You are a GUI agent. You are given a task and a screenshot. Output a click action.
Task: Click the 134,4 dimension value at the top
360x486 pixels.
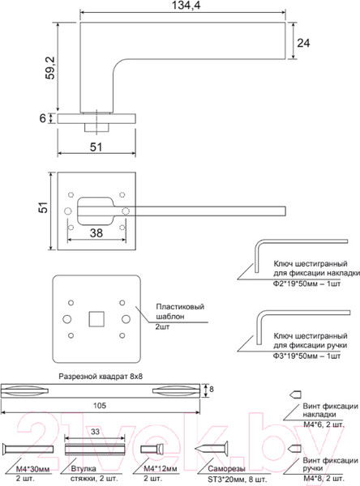186,6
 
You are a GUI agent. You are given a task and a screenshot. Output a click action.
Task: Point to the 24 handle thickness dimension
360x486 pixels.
303,43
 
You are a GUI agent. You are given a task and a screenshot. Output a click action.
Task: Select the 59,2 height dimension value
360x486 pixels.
50,68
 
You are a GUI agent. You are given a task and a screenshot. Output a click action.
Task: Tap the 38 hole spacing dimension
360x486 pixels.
96,233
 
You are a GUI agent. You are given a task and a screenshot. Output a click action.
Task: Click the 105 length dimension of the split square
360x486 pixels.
100,406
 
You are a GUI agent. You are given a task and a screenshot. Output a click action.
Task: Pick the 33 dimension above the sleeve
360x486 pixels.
95,432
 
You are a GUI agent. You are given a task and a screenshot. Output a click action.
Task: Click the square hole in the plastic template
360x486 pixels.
96,319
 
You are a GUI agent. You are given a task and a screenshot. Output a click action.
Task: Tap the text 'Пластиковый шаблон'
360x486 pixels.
180,312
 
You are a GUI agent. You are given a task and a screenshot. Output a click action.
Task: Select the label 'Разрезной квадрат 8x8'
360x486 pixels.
101,377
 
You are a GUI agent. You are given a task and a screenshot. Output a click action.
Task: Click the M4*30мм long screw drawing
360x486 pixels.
28,449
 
